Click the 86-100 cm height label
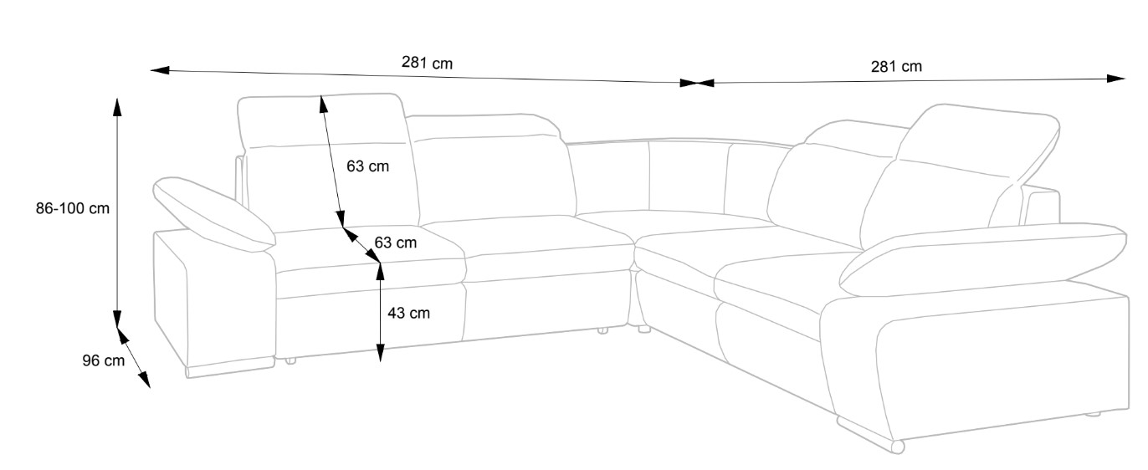click(x=73, y=209)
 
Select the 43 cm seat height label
click(x=408, y=313)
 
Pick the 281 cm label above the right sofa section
click(x=896, y=67)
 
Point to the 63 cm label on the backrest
click(x=368, y=166)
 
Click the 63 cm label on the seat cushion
click(x=395, y=243)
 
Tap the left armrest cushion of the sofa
click(x=214, y=212)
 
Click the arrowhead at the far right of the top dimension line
click(x=1118, y=79)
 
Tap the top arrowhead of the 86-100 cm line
click(x=117, y=105)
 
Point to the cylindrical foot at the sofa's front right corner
click(x=896, y=447)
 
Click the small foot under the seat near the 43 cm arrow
click(x=290, y=361)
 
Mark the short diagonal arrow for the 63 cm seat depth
click(x=361, y=245)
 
